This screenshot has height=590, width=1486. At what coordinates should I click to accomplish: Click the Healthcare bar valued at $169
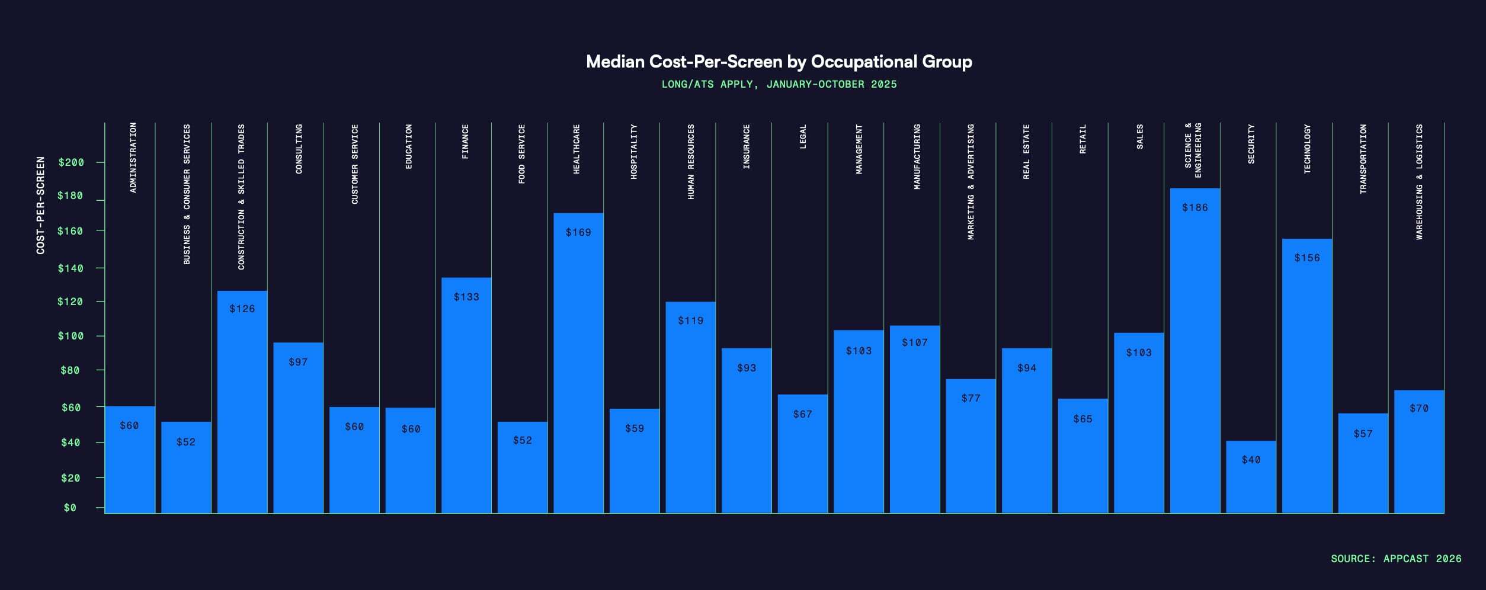click(578, 363)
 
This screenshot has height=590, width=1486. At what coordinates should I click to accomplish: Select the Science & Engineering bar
click(1194, 351)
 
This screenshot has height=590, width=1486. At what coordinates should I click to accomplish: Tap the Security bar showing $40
click(1251, 477)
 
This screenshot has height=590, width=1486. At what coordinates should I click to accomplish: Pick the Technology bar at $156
click(1306, 376)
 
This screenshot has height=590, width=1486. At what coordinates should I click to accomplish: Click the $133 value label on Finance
click(466, 297)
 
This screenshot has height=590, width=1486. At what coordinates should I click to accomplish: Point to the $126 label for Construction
click(242, 309)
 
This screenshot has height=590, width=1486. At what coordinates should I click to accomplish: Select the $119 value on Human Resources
click(690, 320)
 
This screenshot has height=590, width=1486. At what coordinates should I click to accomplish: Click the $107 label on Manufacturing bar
click(914, 342)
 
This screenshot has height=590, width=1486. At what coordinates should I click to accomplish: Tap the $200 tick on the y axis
click(71, 162)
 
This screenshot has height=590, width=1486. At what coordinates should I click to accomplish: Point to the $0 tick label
click(70, 508)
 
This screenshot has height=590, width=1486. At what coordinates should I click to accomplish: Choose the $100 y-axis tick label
click(71, 336)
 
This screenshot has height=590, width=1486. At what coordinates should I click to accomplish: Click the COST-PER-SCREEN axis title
click(40, 206)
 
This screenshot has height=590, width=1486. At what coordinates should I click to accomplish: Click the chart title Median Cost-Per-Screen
click(779, 62)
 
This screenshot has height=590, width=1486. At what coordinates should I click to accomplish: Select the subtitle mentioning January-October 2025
click(779, 84)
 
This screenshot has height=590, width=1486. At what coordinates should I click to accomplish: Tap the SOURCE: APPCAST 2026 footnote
click(1395, 559)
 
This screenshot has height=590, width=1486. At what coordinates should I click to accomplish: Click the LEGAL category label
click(803, 136)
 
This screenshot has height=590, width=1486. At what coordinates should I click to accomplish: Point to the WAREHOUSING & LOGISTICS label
click(1419, 182)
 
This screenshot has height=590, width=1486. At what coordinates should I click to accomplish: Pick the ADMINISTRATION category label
click(133, 158)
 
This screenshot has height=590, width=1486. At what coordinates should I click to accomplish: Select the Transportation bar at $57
click(1363, 463)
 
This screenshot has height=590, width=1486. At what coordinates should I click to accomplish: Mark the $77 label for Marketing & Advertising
click(971, 398)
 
